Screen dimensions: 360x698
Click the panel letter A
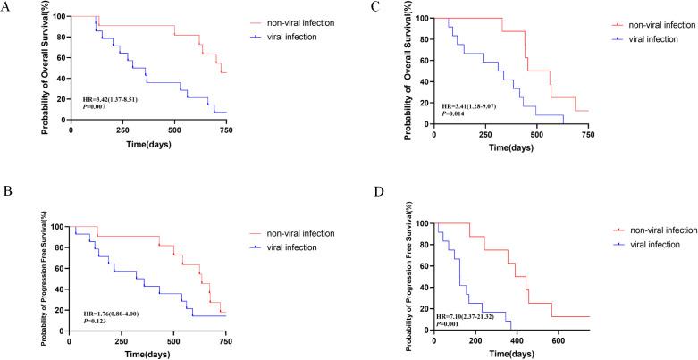point(7,6)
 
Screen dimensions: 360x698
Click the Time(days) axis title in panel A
point(147,143)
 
